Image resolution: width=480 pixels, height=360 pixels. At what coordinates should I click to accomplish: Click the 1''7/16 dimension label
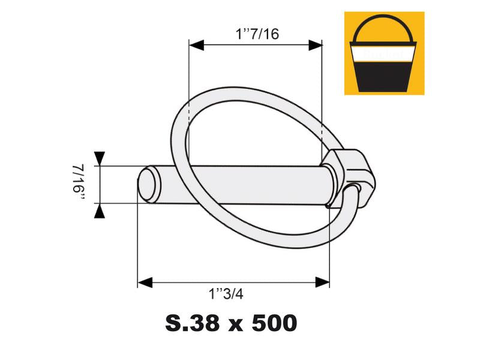pyautogui.click(x=256, y=34)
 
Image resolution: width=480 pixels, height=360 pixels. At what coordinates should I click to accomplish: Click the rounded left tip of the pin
pyautogui.click(x=146, y=184)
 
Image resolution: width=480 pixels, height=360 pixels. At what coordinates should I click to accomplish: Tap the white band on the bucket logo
pyautogui.click(x=384, y=55)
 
